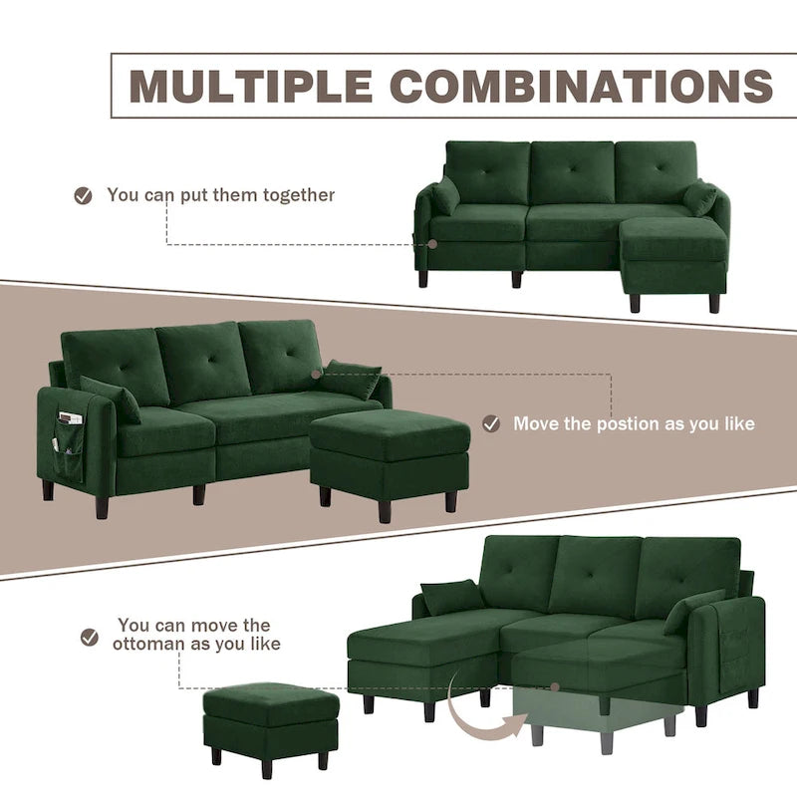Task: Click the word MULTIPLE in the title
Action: click(250, 87)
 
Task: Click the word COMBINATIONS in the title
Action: click(582, 87)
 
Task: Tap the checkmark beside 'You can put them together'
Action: click(84, 195)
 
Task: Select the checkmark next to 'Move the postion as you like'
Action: click(491, 423)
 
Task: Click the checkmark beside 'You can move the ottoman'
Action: click(90, 636)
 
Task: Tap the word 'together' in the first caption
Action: click(299, 195)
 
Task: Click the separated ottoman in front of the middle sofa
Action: click(390, 448)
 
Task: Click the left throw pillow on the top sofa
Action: click(444, 196)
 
